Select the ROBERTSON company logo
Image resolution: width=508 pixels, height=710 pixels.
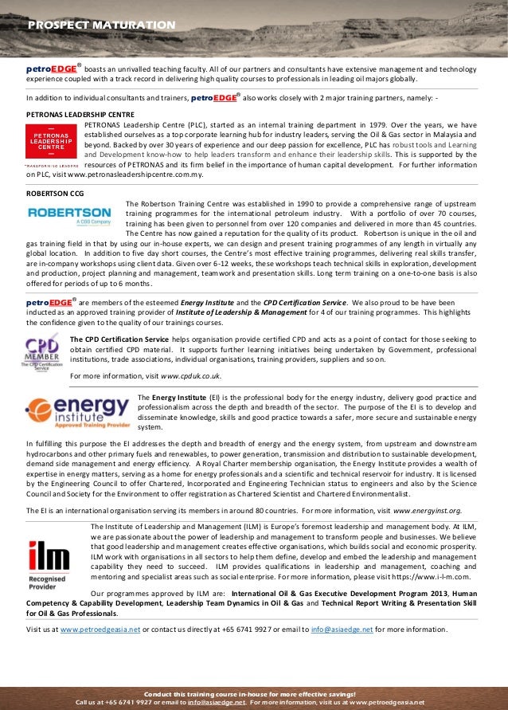70,214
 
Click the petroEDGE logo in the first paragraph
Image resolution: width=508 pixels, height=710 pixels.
53,69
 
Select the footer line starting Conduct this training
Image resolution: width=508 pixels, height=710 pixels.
254,695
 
